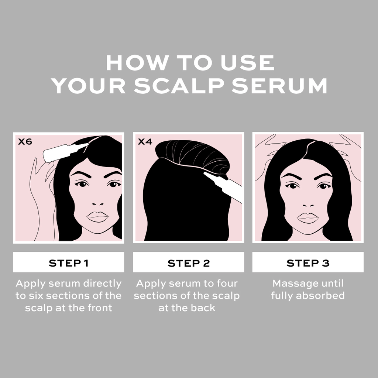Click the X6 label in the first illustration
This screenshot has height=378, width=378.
coord(25,141)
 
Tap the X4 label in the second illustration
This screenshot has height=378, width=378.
coord(145,141)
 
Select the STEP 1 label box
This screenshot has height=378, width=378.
coord(69,263)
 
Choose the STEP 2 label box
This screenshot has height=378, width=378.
coord(189,263)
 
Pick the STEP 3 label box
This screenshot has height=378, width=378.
coord(308,263)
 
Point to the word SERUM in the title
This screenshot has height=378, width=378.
coord(279,86)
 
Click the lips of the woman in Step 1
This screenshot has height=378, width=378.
coord(97,217)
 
